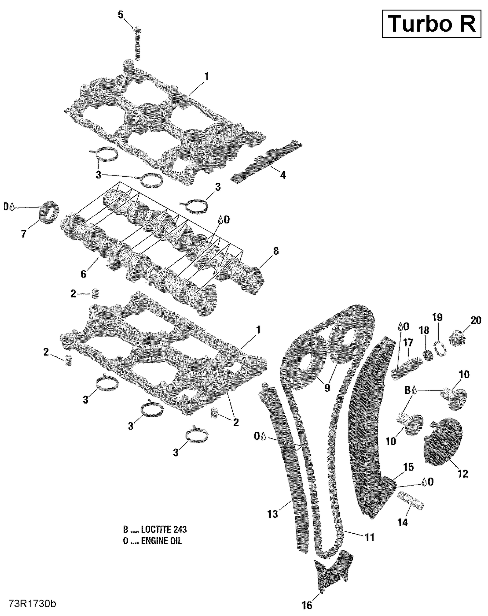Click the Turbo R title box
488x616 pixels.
click(x=431, y=24)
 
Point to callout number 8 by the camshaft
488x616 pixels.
click(x=276, y=251)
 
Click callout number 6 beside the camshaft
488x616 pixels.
click(x=84, y=274)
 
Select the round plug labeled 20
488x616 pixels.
click(x=457, y=338)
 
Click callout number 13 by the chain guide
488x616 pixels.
click(x=273, y=514)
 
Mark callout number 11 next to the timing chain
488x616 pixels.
click(x=369, y=537)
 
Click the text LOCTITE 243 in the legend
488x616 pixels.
click(x=164, y=529)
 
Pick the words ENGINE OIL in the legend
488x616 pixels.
click(x=161, y=541)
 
